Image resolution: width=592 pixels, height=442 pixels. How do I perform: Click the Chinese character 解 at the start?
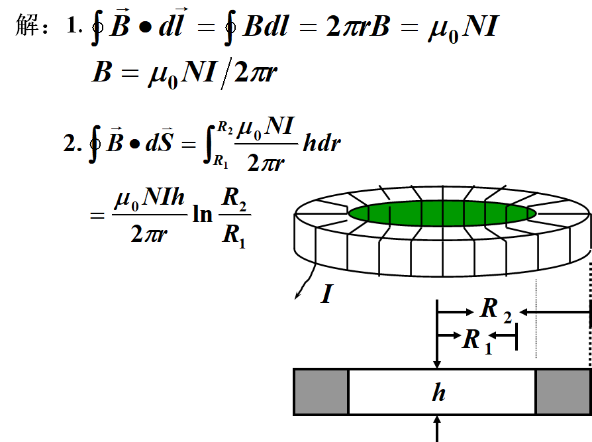[x=29, y=27]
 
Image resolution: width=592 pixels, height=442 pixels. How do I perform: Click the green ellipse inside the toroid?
[x=442, y=213]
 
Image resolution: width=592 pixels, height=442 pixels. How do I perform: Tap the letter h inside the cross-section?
[x=438, y=393]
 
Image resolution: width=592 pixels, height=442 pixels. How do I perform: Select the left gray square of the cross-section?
[x=321, y=392]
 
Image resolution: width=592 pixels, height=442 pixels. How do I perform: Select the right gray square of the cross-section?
[x=563, y=392]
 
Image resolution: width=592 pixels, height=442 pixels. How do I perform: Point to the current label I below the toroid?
[x=326, y=294]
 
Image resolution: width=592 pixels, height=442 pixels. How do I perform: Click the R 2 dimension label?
[x=495, y=309]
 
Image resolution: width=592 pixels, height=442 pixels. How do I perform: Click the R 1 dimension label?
[x=477, y=341]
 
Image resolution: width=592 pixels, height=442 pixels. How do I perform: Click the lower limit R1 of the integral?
[x=221, y=160]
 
